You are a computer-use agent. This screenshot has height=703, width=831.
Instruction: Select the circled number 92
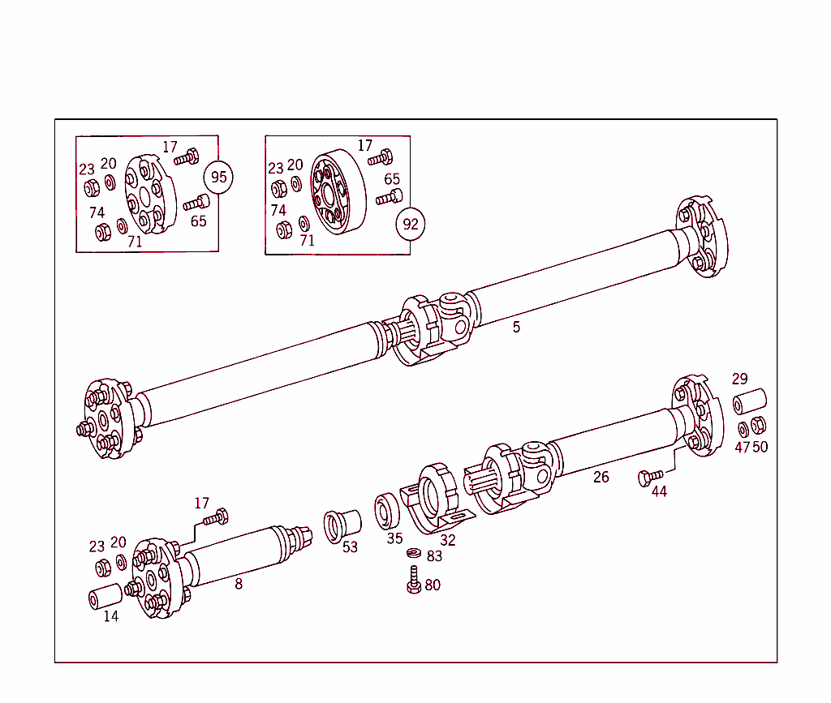411,224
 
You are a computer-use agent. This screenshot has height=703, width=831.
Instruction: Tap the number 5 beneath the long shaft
516,328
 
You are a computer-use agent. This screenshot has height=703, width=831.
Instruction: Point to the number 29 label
739,379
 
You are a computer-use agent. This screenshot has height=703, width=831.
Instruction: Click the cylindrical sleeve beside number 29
750,401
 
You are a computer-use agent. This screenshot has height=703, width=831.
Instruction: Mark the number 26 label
601,477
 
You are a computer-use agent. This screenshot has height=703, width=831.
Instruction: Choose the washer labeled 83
413,554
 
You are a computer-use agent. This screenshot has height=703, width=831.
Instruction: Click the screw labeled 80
413,581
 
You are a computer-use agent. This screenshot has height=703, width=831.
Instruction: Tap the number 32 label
448,540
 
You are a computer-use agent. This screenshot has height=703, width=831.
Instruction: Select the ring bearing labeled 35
388,510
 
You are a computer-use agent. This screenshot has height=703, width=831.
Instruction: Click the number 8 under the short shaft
239,583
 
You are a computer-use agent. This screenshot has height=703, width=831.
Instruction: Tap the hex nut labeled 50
760,425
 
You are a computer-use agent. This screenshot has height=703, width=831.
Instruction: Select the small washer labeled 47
743,427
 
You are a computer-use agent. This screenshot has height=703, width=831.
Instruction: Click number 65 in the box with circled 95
199,221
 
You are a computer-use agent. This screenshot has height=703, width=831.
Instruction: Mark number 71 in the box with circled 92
307,240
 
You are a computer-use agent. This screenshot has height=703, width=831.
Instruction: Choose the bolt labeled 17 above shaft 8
217,516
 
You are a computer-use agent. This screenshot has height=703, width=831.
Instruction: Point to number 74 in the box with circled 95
97,212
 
